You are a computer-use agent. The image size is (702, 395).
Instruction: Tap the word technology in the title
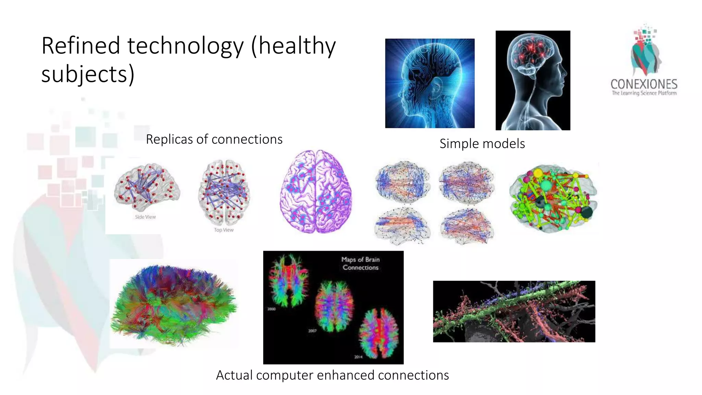[185, 46]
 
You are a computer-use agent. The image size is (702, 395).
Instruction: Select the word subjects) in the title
[88, 74]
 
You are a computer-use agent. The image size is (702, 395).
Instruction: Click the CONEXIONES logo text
[644, 84]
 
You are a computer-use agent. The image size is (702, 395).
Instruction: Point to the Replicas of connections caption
[214, 139]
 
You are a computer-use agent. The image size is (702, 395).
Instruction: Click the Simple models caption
[482, 144]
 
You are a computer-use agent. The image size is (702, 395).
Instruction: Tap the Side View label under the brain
[145, 217]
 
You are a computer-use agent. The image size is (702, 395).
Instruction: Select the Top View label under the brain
[223, 230]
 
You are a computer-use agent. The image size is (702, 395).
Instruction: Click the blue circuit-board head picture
[430, 83]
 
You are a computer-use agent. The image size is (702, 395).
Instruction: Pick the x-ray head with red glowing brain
[533, 80]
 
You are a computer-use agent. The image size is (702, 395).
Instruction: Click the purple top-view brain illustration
[316, 192]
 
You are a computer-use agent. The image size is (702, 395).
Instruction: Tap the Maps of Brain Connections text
[360, 263]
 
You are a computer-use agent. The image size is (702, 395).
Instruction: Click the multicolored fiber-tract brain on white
[173, 304]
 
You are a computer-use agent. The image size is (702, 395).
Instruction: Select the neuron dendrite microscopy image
[514, 311]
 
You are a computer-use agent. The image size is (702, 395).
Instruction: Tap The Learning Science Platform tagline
[644, 93]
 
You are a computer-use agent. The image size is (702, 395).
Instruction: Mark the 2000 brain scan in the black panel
[289, 279]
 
